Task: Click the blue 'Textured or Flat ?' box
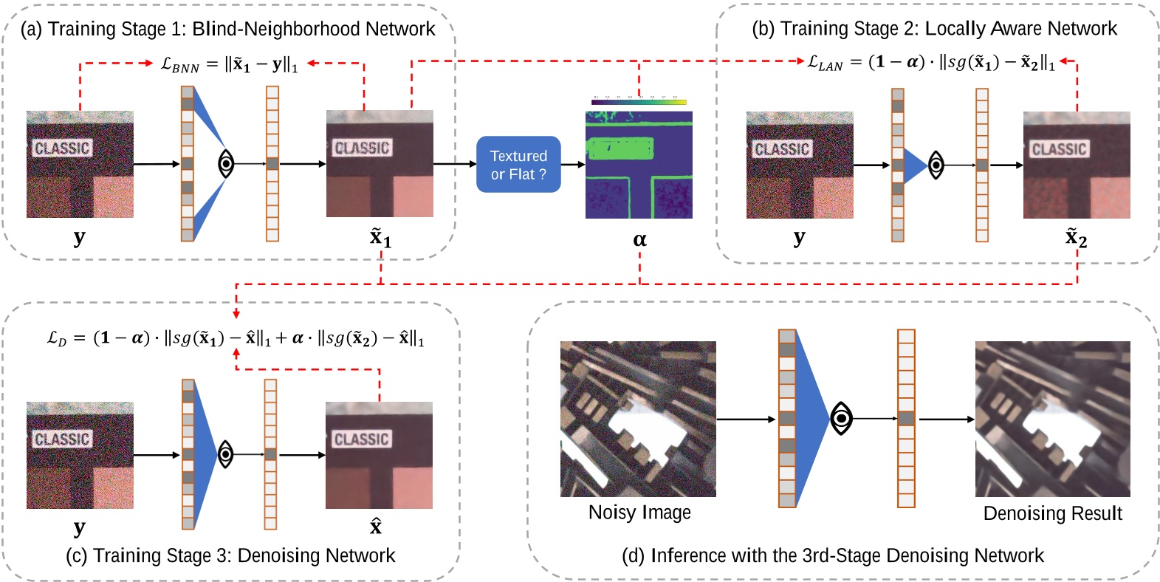(x=518, y=165)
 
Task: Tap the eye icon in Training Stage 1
(x=226, y=163)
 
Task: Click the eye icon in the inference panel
(x=840, y=419)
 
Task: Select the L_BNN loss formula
(x=229, y=64)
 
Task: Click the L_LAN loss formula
(x=930, y=63)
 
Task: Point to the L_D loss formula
(x=236, y=338)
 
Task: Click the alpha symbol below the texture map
(x=639, y=239)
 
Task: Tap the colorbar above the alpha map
(x=639, y=102)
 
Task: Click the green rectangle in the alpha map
(x=620, y=148)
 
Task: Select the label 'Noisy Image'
(x=639, y=513)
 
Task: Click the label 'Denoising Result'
(x=1052, y=513)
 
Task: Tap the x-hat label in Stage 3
(x=376, y=527)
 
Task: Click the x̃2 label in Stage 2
(x=1076, y=238)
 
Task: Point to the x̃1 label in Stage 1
(x=380, y=238)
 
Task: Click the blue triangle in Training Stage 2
(x=914, y=165)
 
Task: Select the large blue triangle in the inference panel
(x=811, y=419)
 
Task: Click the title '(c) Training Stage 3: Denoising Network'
(x=230, y=555)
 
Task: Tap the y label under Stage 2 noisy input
(x=799, y=237)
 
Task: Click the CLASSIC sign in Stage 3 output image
(x=361, y=439)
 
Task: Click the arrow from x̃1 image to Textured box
(x=454, y=164)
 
